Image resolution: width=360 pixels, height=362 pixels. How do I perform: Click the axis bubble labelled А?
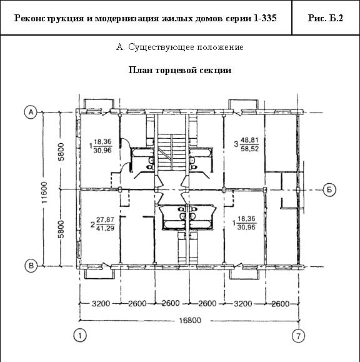pyautogui.click(x=31, y=112)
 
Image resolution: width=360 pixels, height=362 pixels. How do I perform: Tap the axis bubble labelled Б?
pyautogui.click(x=329, y=190)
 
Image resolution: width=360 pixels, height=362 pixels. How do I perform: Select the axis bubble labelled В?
pyautogui.click(x=31, y=266)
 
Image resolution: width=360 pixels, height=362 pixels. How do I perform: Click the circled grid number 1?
pyautogui.click(x=80, y=336)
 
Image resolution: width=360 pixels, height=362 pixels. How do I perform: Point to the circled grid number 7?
pyautogui.click(x=298, y=336)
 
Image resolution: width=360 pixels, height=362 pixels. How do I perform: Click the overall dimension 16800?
pyautogui.click(x=190, y=321)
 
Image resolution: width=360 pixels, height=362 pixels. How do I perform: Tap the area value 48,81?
pyautogui.click(x=250, y=141)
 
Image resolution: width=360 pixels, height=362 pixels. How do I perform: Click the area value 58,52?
pyautogui.click(x=250, y=149)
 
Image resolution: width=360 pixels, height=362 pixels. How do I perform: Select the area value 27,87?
pyautogui.click(x=106, y=219)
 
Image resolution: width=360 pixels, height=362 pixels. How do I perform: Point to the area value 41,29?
pyautogui.click(x=106, y=228)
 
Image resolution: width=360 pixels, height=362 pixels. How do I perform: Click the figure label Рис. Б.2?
pyautogui.click(x=326, y=18)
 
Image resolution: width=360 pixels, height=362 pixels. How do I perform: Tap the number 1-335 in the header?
pyautogui.click(x=265, y=18)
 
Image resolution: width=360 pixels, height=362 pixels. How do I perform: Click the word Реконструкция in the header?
pyautogui.click(x=49, y=18)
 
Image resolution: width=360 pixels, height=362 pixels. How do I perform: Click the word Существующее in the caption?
pyautogui.click(x=161, y=48)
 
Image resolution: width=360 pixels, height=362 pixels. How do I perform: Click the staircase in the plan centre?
pyautogui.click(x=171, y=152)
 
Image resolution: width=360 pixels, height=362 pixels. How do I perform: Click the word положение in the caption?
pyautogui.click(x=221, y=48)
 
